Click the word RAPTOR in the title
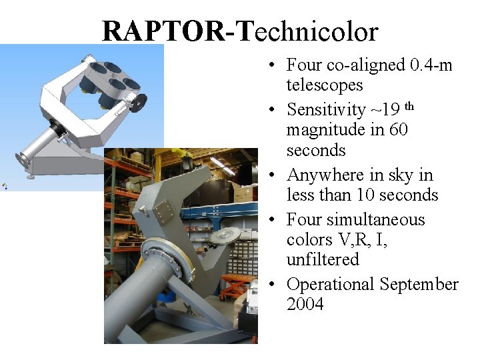coord(164,31)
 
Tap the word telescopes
coord(325,85)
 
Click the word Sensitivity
coord(326,110)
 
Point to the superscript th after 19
coord(409,106)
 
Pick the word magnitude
coord(326,130)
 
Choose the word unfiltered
coord(323,259)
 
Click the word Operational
coord(331,285)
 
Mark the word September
coord(419,285)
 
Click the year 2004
coord(305,305)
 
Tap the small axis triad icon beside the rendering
coord(5,186)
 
